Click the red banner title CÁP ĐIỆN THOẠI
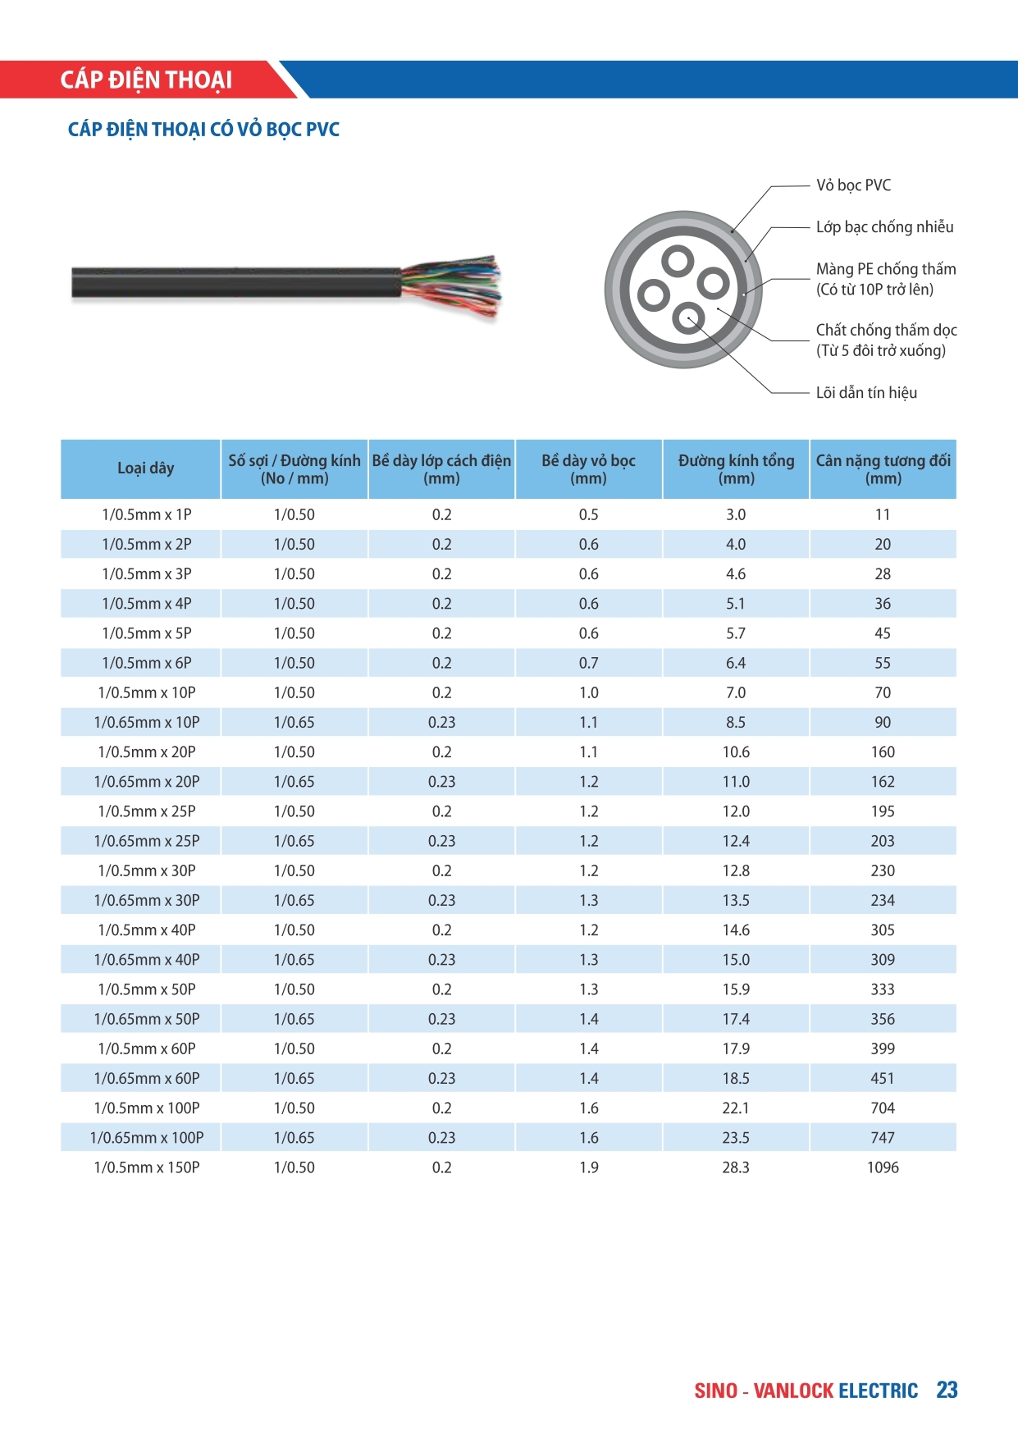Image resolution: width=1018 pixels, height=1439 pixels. click(x=146, y=80)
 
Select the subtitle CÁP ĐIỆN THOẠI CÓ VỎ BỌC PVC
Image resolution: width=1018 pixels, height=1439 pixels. click(x=203, y=130)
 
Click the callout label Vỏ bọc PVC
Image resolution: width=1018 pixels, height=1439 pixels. click(x=853, y=185)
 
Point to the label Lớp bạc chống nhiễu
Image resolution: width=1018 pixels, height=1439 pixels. click(x=884, y=227)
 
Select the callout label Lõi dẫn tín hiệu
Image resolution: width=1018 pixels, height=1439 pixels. click(x=866, y=393)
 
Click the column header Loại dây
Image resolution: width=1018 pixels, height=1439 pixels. click(x=146, y=468)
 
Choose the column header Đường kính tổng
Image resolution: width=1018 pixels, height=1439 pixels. click(x=736, y=469)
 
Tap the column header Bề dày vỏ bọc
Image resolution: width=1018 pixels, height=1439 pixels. click(x=588, y=469)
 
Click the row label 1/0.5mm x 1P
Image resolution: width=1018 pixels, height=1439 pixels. click(x=147, y=515)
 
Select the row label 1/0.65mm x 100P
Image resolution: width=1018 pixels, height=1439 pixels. click(x=147, y=1138)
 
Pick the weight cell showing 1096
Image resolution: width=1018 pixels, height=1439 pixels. click(x=883, y=1167)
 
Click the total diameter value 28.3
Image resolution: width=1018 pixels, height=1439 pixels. click(x=736, y=1167)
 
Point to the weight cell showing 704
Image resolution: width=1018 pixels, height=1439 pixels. click(x=883, y=1108)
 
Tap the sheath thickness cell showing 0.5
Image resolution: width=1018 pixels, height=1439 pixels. click(x=588, y=515)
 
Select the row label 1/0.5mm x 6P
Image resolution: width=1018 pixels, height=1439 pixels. click(x=147, y=663)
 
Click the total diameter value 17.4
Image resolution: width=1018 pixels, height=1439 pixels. click(x=736, y=1019)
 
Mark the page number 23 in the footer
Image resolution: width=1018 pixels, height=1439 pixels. click(x=947, y=1390)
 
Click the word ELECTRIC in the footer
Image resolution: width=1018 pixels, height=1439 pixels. click(x=878, y=1391)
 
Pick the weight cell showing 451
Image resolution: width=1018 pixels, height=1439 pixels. click(x=883, y=1079)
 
